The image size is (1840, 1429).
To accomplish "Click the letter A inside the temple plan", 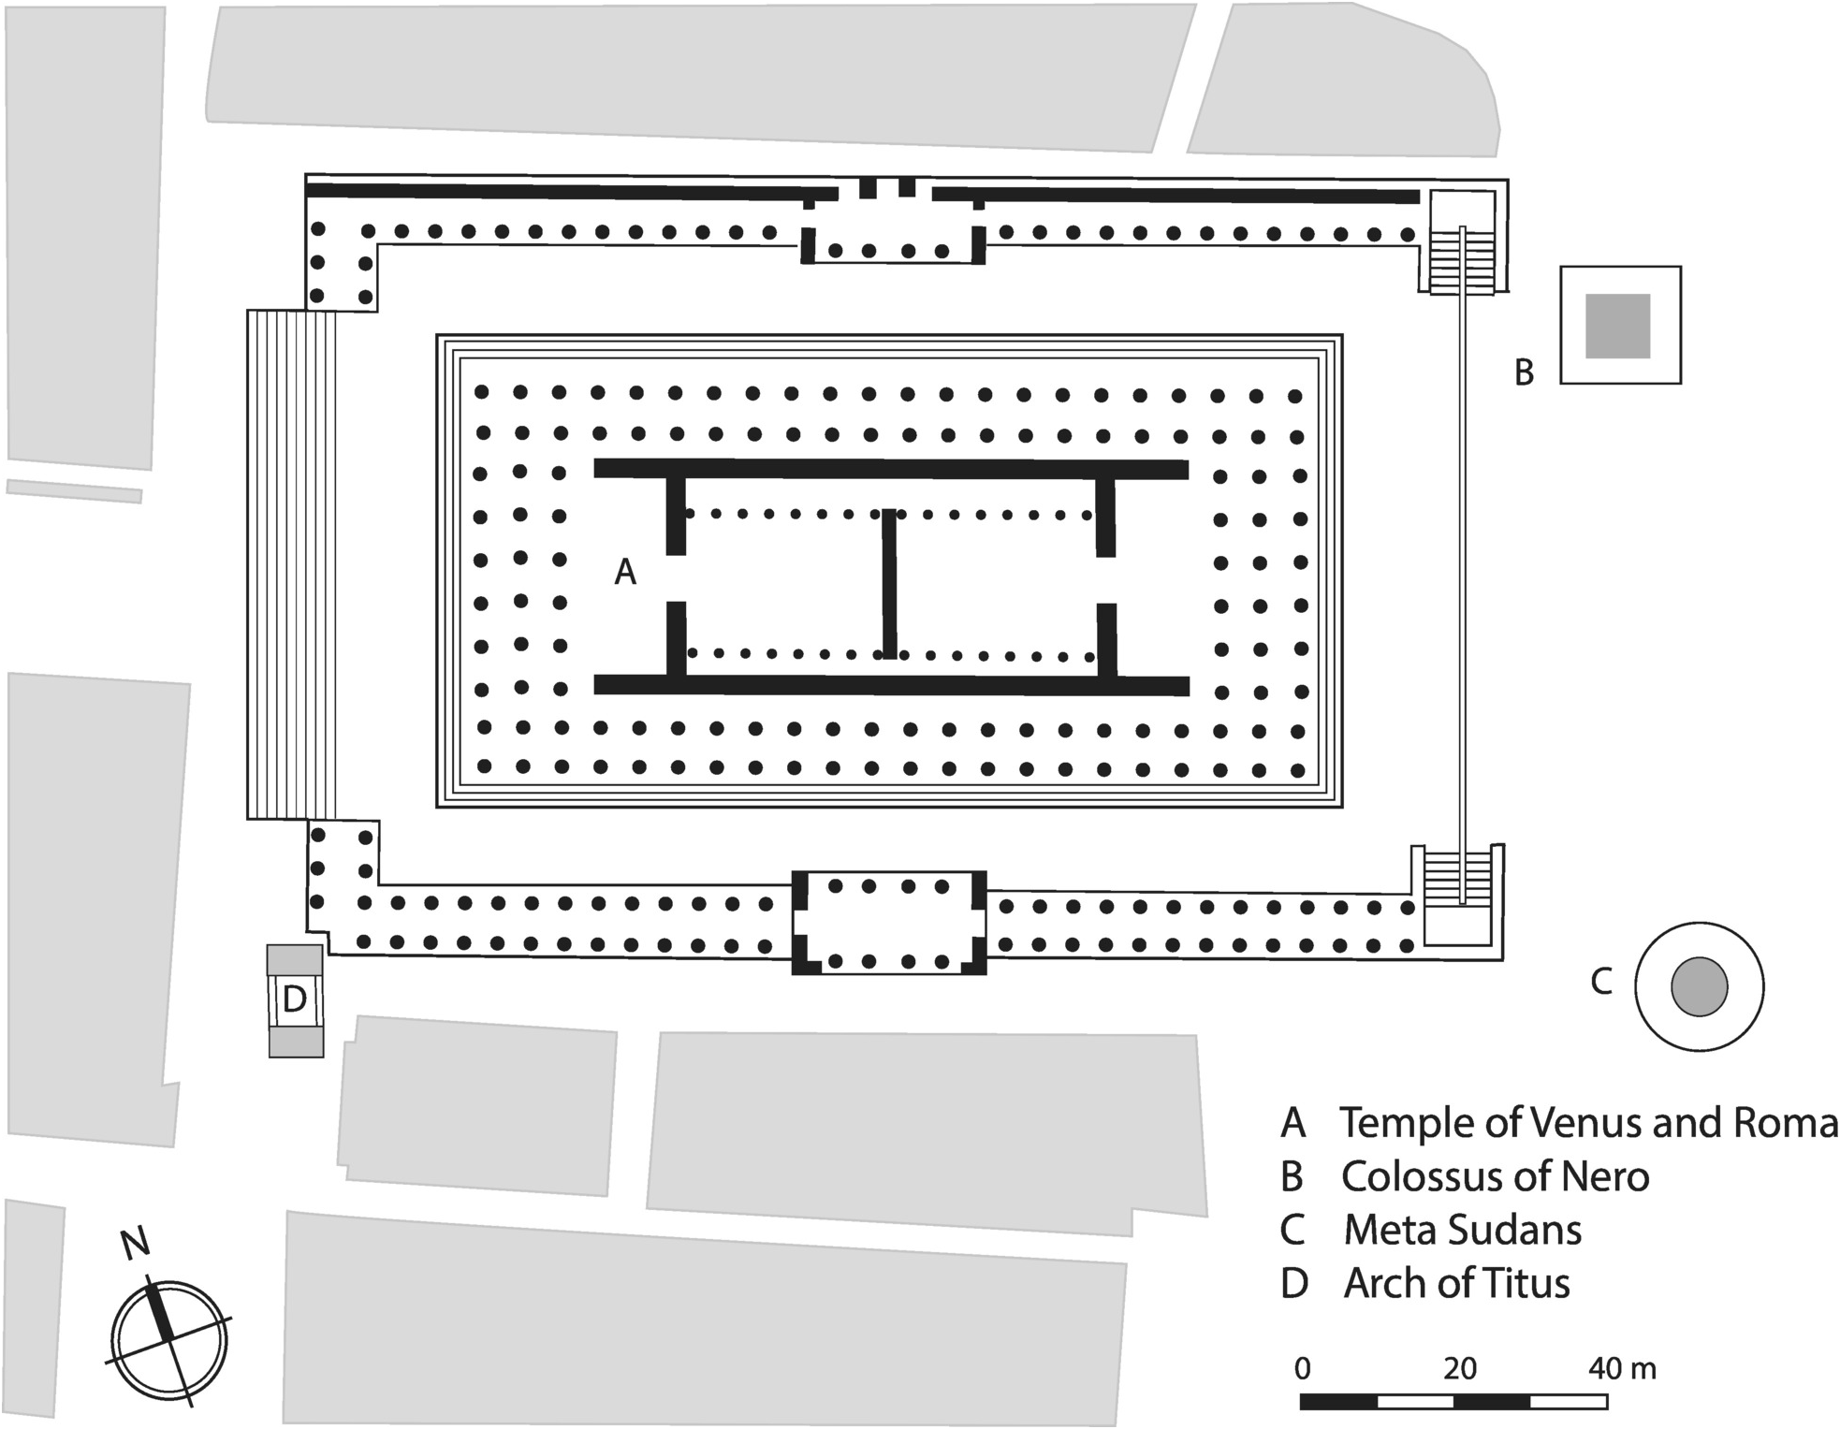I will click(x=625, y=571).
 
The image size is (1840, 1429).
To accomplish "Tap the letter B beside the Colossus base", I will click(x=1525, y=372).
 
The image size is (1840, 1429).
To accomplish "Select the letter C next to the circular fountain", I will click(x=1601, y=982).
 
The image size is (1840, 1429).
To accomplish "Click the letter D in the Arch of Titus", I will click(x=295, y=999).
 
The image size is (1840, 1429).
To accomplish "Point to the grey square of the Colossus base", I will click(x=1617, y=326).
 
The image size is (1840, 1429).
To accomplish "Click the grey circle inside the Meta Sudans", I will click(x=1700, y=986).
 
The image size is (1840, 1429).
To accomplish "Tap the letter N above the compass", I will click(x=135, y=1244).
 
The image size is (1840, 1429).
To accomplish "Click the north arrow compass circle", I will click(x=169, y=1341).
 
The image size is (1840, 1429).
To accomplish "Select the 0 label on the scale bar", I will click(x=1302, y=1369).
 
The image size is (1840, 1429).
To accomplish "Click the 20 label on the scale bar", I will click(x=1459, y=1369).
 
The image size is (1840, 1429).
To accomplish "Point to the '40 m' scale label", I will click(x=1622, y=1369).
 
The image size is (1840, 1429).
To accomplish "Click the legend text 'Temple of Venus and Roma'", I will click(x=1588, y=1123).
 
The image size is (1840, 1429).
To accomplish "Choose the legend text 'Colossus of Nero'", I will click(x=1495, y=1176).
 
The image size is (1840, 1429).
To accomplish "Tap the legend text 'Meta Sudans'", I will click(x=1463, y=1230).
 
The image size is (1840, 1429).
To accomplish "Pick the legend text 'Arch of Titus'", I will click(x=1456, y=1283).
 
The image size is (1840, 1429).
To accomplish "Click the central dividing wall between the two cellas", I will click(x=889, y=584).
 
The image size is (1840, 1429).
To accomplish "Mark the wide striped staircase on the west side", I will click(x=291, y=565).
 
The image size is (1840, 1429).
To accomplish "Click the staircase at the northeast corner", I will click(x=1460, y=258).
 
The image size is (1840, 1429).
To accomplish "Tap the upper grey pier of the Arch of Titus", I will click(x=295, y=959).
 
